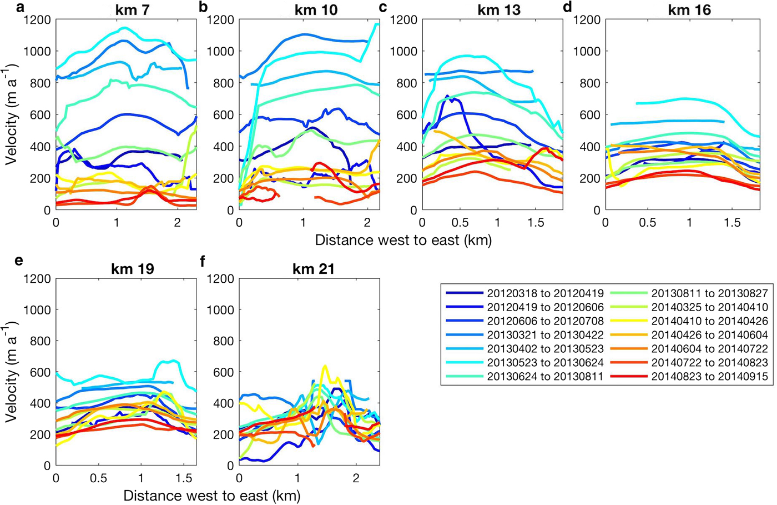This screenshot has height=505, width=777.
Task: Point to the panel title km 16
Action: click(x=690, y=10)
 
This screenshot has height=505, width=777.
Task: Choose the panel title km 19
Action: click(x=132, y=269)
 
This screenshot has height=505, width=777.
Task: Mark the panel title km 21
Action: click(x=315, y=269)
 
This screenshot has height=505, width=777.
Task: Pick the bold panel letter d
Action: click(x=567, y=8)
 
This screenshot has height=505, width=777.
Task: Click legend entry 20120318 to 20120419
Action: click(x=545, y=293)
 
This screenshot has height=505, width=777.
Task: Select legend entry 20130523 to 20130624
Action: click(x=545, y=363)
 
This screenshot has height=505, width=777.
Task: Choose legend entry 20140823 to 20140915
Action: click(x=709, y=377)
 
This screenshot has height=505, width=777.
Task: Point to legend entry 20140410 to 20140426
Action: click(x=709, y=321)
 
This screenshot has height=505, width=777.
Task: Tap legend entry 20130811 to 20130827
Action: click(x=709, y=293)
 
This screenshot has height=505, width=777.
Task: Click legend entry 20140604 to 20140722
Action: click(x=709, y=349)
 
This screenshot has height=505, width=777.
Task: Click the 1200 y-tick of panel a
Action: click(x=37, y=20)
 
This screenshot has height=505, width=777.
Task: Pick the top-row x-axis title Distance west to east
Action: click(x=403, y=240)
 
